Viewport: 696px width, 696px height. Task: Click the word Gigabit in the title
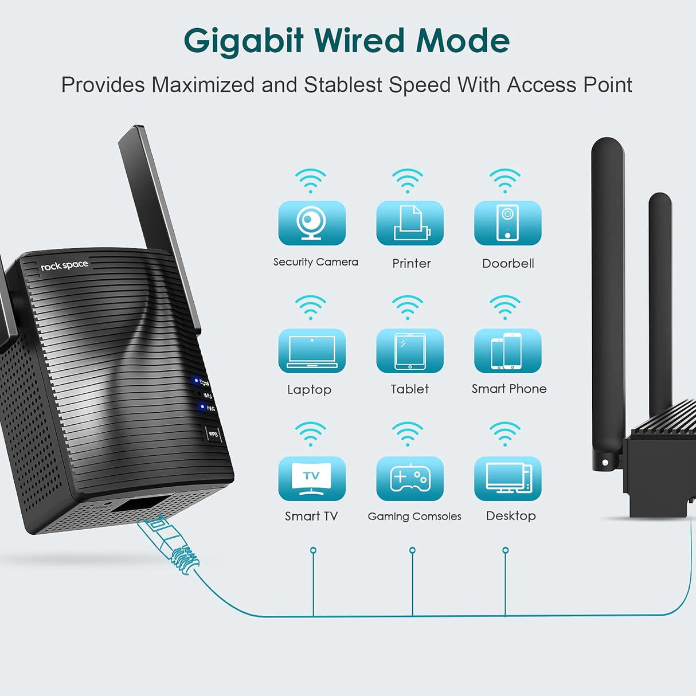click(243, 41)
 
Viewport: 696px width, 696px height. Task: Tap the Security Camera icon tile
click(312, 223)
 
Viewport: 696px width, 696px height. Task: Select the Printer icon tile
click(410, 223)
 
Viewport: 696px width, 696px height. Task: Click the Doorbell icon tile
click(507, 223)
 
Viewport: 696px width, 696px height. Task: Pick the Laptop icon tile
click(312, 350)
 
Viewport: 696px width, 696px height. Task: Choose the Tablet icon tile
click(410, 350)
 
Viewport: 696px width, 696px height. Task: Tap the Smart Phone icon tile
click(507, 350)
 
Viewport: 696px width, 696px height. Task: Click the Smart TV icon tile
click(312, 478)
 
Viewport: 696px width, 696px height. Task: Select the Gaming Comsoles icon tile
click(410, 478)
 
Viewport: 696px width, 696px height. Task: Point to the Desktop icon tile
click(507, 478)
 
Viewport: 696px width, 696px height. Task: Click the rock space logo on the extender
click(64, 265)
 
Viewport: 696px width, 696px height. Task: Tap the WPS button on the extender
click(213, 434)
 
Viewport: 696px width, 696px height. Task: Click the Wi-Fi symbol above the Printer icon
click(408, 181)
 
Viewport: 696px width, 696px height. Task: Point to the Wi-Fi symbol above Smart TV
click(310, 434)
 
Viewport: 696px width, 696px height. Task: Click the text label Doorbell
click(508, 263)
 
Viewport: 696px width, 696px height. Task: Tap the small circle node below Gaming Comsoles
click(412, 550)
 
